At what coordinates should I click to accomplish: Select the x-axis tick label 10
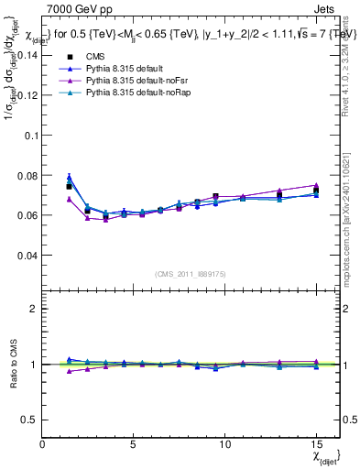(x=224, y=443)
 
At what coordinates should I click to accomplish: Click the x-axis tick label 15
(x=316, y=443)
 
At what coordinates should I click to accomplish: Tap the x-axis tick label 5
(x=134, y=443)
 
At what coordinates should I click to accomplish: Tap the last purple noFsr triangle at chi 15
(x=316, y=185)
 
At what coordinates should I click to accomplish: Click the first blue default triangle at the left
(x=69, y=178)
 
